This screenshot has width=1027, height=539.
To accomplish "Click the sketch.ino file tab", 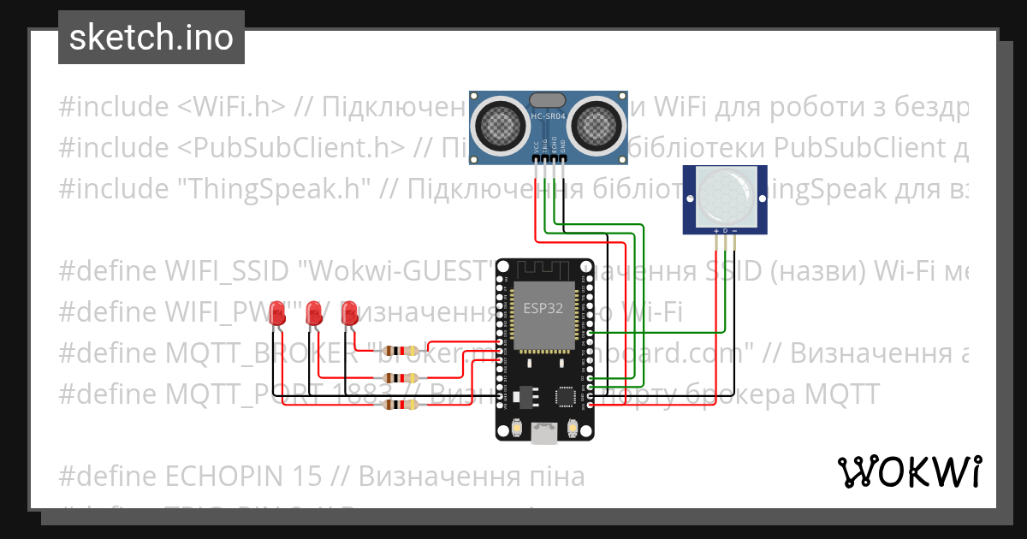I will coord(151,38).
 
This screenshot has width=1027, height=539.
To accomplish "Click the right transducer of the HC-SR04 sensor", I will coord(595,121).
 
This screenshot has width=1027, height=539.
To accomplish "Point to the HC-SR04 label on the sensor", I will coord(548,115).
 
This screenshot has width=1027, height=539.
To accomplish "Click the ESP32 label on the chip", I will coord(543,310).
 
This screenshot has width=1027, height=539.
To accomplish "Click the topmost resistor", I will coord(401,350).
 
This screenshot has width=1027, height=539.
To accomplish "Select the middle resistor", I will coord(401,377).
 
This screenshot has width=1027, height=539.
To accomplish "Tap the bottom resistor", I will coord(401,405).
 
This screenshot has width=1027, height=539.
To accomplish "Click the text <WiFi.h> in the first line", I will coord(232,107).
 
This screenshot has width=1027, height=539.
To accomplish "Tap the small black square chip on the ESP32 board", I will coord(566,396).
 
